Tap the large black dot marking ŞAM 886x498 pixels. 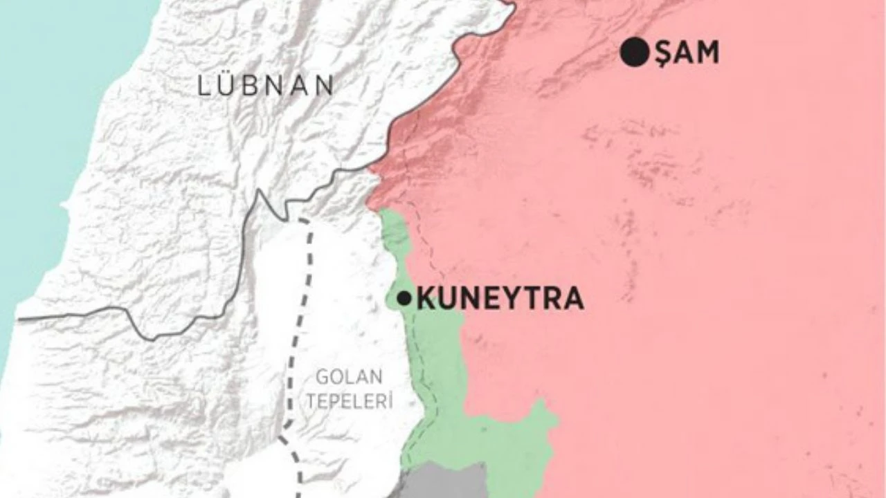pos(634,53)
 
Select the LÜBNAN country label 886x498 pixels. pos(266,86)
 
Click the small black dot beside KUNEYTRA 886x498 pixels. pos(404,299)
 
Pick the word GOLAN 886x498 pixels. pos(349,378)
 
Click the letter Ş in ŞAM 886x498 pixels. pos(664,53)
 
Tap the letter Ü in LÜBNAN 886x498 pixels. pos(224,86)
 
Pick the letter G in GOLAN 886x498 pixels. pos(322,378)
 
